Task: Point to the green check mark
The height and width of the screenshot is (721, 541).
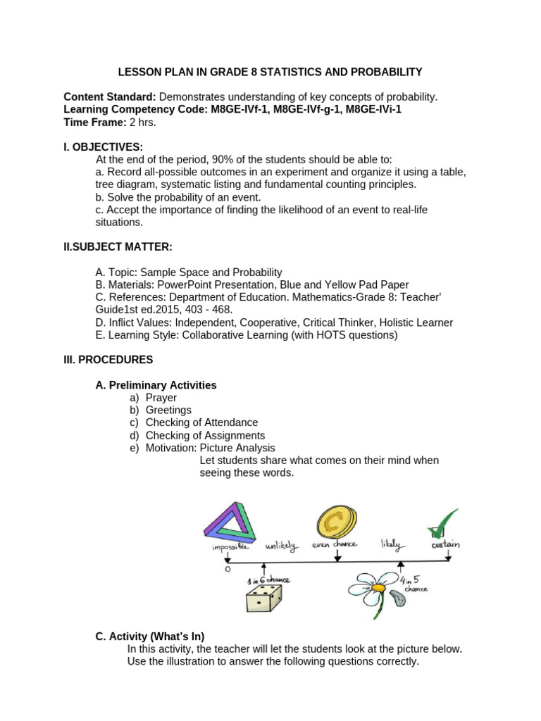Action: tap(442, 524)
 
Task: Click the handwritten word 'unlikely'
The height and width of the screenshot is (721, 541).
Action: tap(282, 546)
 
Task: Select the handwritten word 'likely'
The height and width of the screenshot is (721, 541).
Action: tap(390, 544)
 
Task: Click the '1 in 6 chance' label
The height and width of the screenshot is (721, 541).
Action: tap(268, 580)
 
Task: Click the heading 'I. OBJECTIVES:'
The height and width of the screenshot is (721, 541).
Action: tap(103, 146)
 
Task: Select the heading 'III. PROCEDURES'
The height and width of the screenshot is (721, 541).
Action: tap(108, 359)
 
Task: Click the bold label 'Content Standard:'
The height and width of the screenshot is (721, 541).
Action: tap(110, 96)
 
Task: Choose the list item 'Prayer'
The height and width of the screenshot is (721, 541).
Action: tap(161, 397)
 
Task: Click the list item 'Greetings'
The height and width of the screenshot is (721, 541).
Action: tap(168, 410)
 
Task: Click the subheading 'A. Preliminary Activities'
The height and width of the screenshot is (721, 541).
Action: tap(156, 385)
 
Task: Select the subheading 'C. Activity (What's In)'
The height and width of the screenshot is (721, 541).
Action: tap(149, 637)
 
